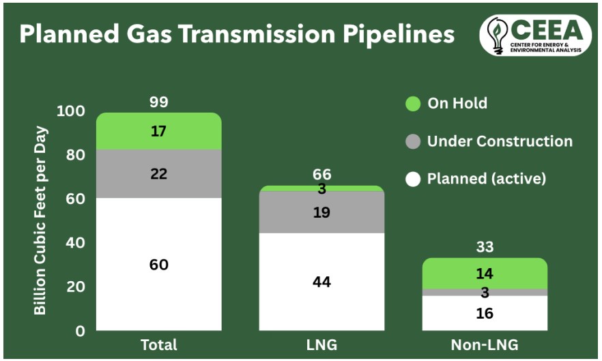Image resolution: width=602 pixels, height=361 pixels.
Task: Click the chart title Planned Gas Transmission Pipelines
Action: [236, 34]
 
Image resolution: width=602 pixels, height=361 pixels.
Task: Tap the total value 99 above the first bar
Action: [158, 102]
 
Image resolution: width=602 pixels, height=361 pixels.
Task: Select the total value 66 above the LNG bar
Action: [321, 175]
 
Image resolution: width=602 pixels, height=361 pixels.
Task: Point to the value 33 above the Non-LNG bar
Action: [485, 247]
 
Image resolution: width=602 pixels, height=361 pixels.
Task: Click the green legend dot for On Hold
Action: [412, 104]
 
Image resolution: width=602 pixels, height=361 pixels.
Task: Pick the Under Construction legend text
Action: [500, 141]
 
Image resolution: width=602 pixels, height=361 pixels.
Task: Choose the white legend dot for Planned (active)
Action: [412, 179]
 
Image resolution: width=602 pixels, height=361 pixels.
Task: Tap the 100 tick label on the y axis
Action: [71, 111]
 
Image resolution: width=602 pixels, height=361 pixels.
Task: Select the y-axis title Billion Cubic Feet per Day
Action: [42, 220]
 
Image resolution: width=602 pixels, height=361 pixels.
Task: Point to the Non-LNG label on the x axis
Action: [485, 345]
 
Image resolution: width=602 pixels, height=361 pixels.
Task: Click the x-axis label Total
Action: [158, 345]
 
